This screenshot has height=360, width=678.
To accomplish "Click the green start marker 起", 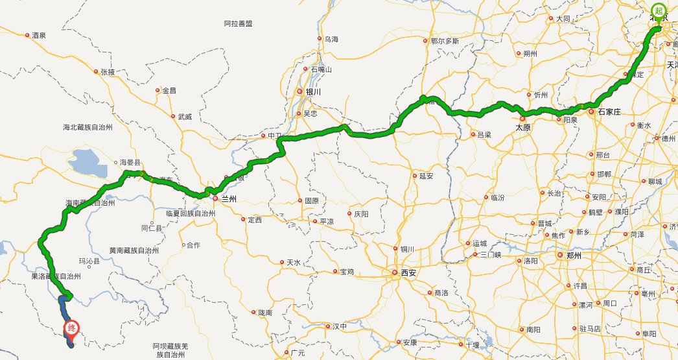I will [659, 10].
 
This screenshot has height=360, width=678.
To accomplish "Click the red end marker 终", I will [71, 328].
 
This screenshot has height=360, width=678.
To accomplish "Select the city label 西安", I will [408, 272].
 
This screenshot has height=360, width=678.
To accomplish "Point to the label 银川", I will [314, 92].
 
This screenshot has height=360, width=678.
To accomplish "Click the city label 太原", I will [523, 128].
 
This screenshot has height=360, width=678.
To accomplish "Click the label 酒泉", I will [39, 36].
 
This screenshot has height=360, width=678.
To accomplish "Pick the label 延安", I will [426, 175].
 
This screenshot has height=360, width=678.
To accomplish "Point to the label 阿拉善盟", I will [238, 23].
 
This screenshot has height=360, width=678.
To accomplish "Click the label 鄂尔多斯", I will [445, 40].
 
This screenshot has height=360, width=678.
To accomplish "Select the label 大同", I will [563, 19].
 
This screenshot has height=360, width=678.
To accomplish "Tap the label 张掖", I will [108, 72].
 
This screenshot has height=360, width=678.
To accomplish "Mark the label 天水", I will [293, 263].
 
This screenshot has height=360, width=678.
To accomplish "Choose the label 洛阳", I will [530, 261].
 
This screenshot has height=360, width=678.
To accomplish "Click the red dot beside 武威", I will [172, 117].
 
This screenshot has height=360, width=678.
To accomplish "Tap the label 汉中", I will [340, 326].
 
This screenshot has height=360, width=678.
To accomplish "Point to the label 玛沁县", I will [89, 261].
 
